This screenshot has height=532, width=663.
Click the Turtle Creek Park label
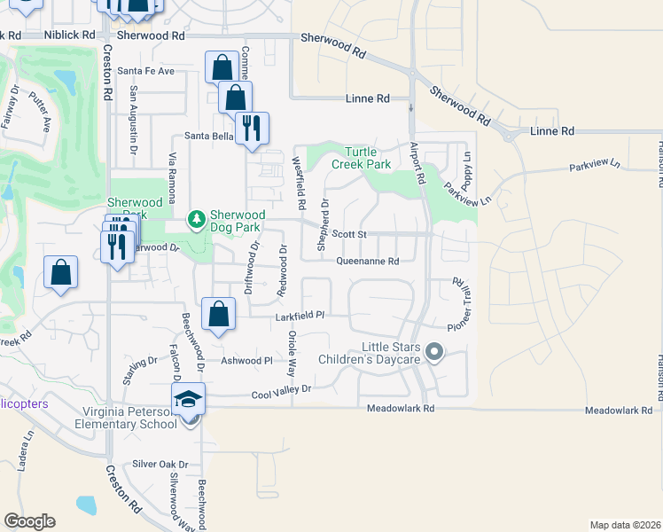click(361, 158)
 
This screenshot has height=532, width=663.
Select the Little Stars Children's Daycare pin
click(434, 353)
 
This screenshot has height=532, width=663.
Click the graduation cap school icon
click(189, 399)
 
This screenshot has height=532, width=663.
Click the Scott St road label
click(349, 234)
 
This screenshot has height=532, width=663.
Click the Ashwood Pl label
click(246, 361)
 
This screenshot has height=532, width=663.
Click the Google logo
click(29, 520)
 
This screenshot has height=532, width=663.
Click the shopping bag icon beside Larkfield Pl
click(218, 313)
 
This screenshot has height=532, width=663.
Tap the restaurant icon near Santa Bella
click(252, 129)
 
